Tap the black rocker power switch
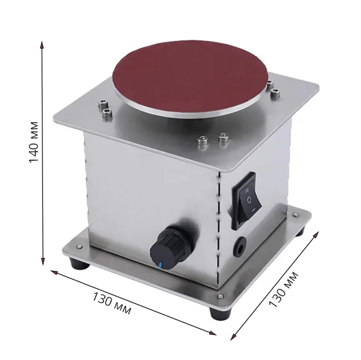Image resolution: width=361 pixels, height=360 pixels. [x=247, y=201]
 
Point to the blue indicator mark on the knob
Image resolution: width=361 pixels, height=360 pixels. [x=160, y=265]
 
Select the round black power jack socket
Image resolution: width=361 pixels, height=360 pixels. [x=240, y=246]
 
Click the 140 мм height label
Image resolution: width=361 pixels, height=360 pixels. [x=34, y=142]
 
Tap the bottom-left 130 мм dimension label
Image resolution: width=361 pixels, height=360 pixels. [x=112, y=303]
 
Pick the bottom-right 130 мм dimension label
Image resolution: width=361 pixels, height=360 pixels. [x=284, y=289]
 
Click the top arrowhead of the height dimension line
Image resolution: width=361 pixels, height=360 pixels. [x=42, y=45]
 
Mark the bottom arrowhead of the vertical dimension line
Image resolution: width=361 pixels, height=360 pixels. [x=42, y=261]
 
